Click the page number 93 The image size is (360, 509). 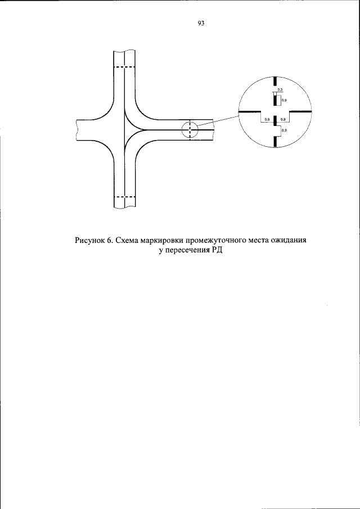click(201, 24)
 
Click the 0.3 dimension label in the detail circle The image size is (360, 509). click(280, 90)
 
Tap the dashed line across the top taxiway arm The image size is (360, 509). click(124, 67)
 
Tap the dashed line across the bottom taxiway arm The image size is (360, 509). click(124, 197)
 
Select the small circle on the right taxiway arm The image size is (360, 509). click(190, 130)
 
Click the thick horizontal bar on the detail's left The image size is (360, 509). click(249, 111)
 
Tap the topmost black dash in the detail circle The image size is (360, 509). click(274, 82)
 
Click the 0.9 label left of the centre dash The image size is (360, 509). click(267, 120)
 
